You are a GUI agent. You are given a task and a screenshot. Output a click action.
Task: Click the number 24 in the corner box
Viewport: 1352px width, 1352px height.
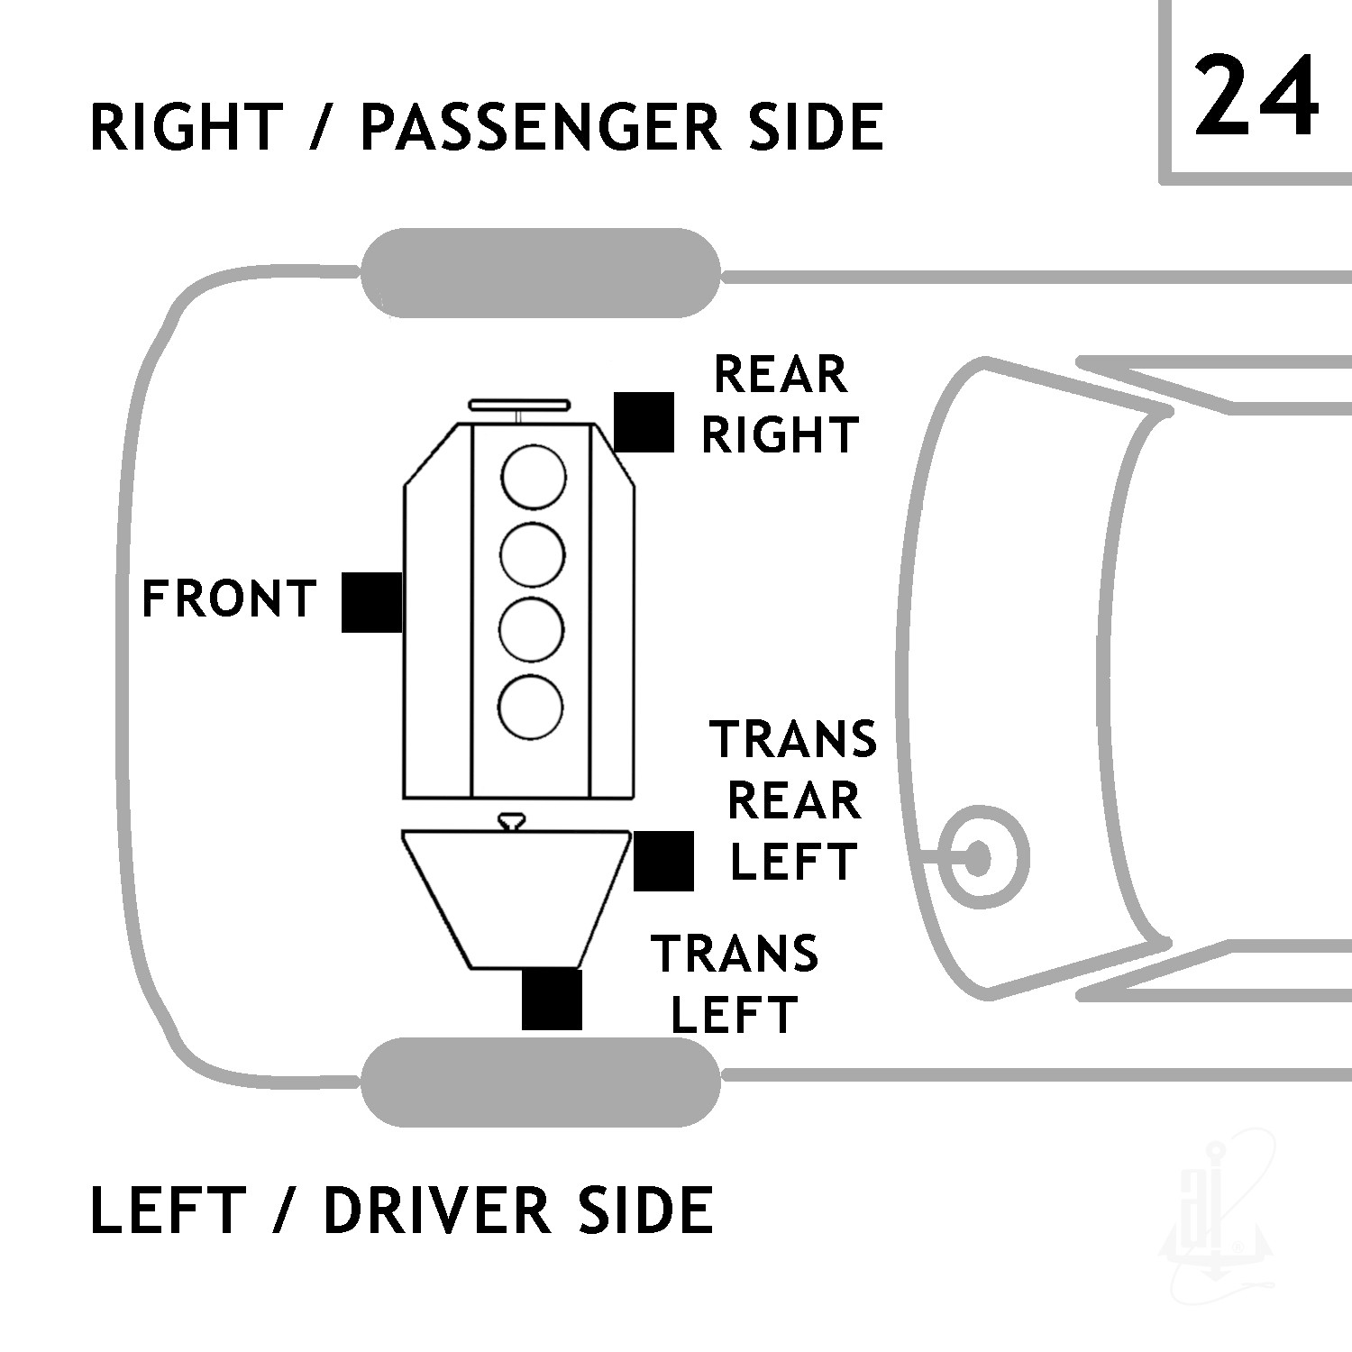tap(1256, 95)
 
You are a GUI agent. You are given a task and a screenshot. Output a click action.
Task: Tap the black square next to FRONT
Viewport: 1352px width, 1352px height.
tap(371, 602)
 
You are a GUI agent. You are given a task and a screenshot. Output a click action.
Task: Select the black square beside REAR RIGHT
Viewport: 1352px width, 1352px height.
tap(644, 422)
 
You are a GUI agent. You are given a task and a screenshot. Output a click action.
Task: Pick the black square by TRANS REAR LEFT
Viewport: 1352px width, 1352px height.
tap(663, 861)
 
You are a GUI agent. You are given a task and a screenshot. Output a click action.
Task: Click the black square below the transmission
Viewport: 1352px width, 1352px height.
tap(552, 999)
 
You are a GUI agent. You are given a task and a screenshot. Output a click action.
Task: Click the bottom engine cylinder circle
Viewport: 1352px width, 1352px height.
tap(531, 706)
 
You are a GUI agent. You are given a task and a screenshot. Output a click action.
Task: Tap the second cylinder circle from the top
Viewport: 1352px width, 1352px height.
tap(533, 554)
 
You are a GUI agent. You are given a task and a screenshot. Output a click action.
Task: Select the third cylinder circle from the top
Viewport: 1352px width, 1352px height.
tap(532, 630)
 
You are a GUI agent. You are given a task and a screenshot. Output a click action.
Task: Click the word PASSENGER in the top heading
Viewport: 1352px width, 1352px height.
tap(540, 126)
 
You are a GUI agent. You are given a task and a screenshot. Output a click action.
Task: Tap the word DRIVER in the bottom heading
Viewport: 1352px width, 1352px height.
tap(436, 1210)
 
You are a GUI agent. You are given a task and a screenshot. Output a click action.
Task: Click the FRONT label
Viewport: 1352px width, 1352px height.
tap(229, 599)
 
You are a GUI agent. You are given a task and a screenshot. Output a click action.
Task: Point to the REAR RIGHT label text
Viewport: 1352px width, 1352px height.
tap(781, 405)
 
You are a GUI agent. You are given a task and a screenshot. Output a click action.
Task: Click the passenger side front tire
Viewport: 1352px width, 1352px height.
tap(541, 273)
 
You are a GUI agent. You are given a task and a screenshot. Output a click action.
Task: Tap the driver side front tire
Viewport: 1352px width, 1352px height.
tap(541, 1082)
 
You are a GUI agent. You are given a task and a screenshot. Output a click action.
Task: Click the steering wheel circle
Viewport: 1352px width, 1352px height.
tap(980, 857)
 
